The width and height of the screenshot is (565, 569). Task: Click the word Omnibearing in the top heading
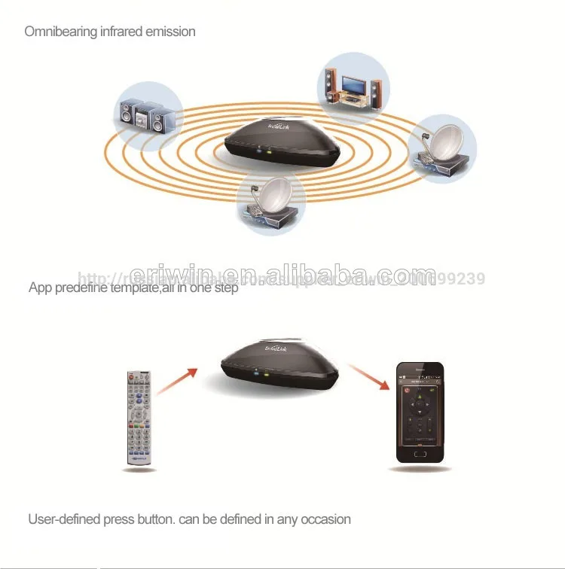[x=60, y=32]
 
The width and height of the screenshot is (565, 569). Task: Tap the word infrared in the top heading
[x=122, y=32]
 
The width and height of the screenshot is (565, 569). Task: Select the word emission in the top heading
[x=171, y=32]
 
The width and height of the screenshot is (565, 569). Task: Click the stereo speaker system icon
[x=148, y=115]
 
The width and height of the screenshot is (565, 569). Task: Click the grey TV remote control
[x=139, y=418]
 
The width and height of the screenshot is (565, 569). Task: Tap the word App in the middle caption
[x=40, y=288]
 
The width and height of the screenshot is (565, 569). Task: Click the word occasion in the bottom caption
[x=325, y=519]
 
